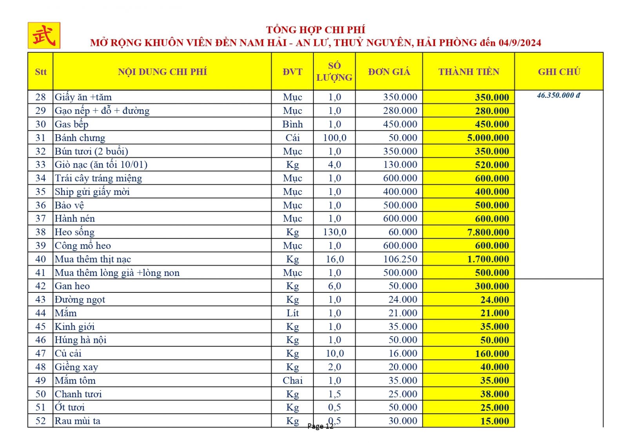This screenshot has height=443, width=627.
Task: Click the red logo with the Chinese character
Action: pos(44,36)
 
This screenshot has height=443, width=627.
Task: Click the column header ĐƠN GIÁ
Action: pos(389,72)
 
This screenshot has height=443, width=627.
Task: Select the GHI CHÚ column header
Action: pos(559,72)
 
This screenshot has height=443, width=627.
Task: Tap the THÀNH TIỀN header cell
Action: pos(469,72)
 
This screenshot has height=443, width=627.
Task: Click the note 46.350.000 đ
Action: pos(558,95)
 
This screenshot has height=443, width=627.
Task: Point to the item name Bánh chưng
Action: pos(80,138)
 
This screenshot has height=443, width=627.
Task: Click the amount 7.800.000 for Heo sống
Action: pos(488,232)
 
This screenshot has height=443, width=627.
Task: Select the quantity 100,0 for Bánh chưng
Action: pos(334,138)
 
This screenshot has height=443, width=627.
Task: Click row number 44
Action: pos(40,313)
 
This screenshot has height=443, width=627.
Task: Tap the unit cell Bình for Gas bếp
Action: pos(292,124)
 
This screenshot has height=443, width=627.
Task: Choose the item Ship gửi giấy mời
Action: pos(92,192)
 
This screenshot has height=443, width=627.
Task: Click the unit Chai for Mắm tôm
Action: pos(292,380)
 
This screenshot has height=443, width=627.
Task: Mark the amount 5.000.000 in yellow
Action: pos(488,138)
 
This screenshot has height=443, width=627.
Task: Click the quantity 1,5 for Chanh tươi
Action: pos(334,394)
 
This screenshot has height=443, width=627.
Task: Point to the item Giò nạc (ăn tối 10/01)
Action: pos(101,165)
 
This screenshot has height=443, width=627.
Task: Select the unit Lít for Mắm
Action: pos(292,313)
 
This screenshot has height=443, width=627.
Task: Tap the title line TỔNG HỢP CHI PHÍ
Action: pos(315,30)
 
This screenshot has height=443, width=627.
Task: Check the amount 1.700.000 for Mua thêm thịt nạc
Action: pos(488,259)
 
